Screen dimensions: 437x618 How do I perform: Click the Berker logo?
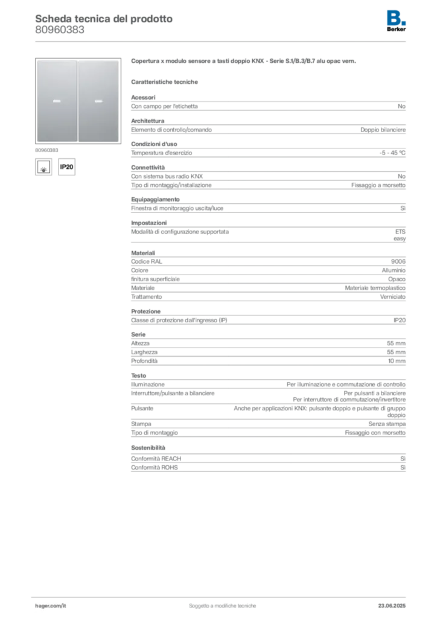pos(396,21)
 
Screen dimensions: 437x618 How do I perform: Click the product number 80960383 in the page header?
pos(60,30)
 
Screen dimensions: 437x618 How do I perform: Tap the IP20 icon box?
pos(66,167)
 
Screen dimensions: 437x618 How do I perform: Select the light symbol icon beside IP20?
pos(43,167)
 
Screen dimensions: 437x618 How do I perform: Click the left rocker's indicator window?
pos(57,101)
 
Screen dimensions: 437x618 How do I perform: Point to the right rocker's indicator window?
pos(98,101)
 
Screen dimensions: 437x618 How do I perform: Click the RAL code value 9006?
pos(398,261)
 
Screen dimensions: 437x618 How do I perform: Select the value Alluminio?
pos(394,270)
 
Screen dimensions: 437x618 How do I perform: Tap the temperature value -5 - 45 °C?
pos(392,153)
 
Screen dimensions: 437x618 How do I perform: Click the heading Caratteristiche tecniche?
pos(164,82)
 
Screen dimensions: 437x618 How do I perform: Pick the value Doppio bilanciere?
pos(383,130)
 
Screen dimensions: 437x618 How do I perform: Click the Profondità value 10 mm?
pos(397,361)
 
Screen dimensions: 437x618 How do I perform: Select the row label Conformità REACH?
pos(156,459)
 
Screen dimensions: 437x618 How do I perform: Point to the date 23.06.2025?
pos(392,606)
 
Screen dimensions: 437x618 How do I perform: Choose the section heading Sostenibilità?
pos(148,448)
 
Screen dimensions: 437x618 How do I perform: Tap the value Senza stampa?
pos(386,424)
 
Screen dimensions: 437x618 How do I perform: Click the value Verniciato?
pos(392,297)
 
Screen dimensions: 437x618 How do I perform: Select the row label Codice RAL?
pos(147,261)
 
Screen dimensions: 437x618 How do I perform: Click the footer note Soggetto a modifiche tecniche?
pos(222,606)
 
